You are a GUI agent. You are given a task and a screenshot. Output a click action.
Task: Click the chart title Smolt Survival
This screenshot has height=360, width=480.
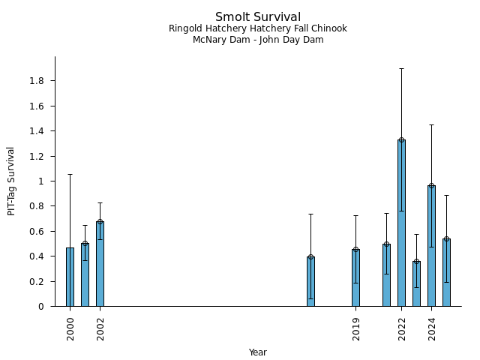pyautogui.click(x=258, y=17)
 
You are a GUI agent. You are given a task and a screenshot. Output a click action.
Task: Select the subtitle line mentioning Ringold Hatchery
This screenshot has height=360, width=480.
pyautogui.click(x=258, y=29)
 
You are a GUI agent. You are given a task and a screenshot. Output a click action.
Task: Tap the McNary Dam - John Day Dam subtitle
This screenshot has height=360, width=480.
pyautogui.click(x=258, y=40)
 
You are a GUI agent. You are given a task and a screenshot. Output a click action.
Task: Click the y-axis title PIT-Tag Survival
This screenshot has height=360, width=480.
pyautogui.click(x=11, y=181)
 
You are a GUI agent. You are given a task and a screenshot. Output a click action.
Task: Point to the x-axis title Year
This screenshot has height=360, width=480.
pyautogui.click(x=258, y=352)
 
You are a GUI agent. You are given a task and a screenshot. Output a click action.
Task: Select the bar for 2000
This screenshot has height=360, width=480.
pyautogui.click(x=70, y=277)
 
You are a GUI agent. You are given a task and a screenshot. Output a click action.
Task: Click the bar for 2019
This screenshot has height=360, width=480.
pyautogui.click(x=356, y=277)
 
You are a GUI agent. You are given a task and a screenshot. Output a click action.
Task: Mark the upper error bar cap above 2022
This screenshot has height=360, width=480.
pyautogui.click(x=401, y=68)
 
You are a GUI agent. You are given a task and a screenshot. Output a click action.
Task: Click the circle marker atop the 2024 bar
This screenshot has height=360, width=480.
pyautogui.click(x=431, y=186)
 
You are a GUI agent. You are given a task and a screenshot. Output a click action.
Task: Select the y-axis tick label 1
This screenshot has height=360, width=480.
pyautogui.click(x=46, y=181)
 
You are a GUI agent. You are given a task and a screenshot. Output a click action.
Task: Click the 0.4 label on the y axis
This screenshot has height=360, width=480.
pyautogui.click(x=39, y=256)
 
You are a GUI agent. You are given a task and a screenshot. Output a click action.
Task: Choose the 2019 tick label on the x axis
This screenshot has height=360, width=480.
pyautogui.click(x=356, y=328)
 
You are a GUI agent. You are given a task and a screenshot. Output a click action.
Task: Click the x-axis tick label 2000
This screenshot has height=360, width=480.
pyautogui.click(x=70, y=328)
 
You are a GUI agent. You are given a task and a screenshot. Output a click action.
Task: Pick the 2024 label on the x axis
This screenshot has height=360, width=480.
pyautogui.click(x=432, y=328)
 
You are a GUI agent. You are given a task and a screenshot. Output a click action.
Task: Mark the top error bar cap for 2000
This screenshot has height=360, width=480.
pyautogui.click(x=70, y=175)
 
